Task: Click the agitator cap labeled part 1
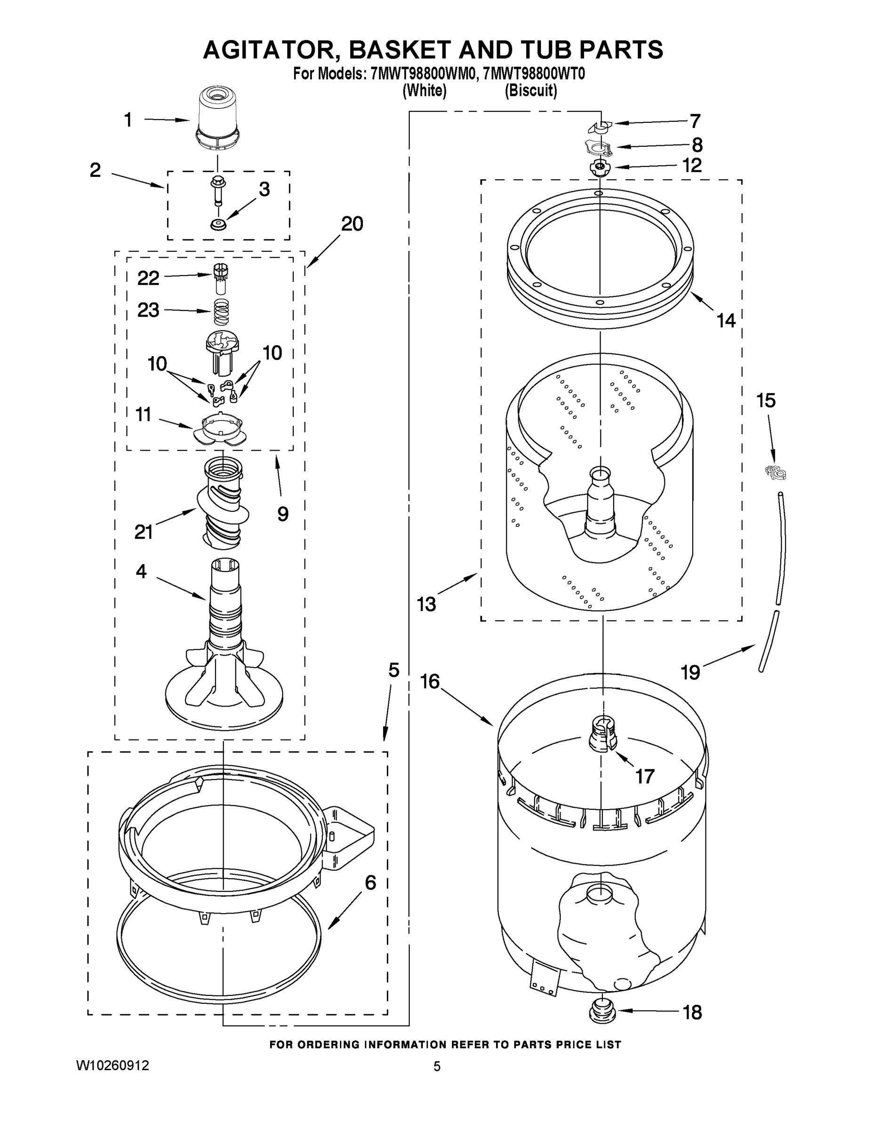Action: (x=217, y=120)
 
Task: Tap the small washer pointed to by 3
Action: (x=218, y=225)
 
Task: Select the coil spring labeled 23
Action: (x=221, y=312)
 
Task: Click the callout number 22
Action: (x=148, y=278)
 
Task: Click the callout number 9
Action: (x=282, y=513)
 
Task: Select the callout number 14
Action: (x=726, y=320)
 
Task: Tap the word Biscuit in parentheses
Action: (x=531, y=91)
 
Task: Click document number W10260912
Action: (x=113, y=1065)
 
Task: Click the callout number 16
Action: (x=430, y=682)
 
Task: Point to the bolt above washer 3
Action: (x=218, y=191)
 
